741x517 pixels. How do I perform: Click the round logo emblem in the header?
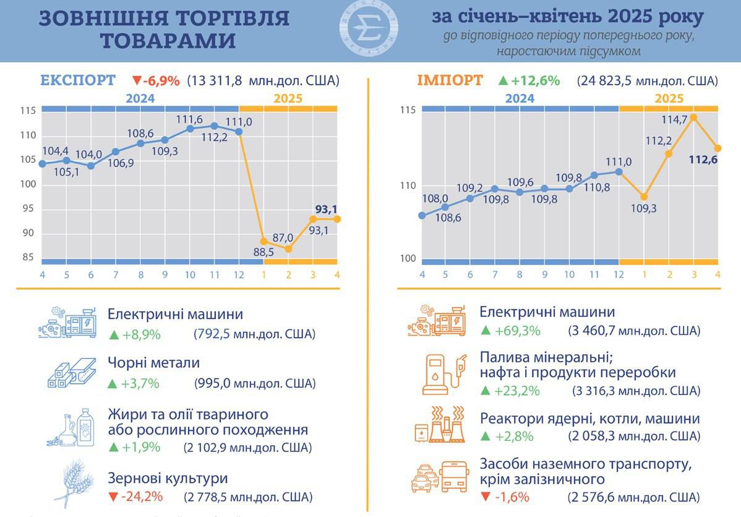point(369,30)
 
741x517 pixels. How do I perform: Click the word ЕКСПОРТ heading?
point(77,80)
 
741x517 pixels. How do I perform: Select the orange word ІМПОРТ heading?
point(450,80)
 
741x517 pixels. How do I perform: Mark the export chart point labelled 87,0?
point(288,248)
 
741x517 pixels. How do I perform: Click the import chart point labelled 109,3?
point(644,196)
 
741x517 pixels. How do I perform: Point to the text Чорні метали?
point(153,363)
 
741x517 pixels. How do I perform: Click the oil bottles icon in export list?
point(72,428)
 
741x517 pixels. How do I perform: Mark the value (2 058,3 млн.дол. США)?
point(634,437)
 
